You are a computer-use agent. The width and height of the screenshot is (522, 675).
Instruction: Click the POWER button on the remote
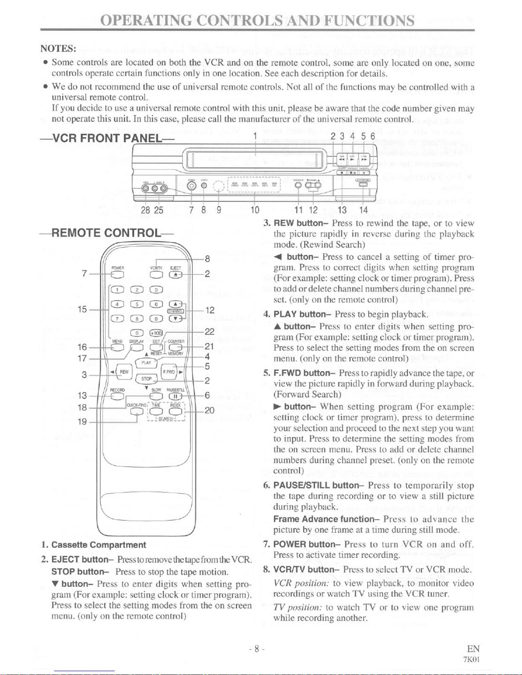(116, 274)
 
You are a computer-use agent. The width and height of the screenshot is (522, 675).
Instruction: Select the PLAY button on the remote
(147, 363)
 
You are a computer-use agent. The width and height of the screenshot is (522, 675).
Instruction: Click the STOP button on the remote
(147, 378)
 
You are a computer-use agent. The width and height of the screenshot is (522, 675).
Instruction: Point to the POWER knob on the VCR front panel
(192, 186)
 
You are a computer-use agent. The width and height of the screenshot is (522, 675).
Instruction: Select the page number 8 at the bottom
(257, 649)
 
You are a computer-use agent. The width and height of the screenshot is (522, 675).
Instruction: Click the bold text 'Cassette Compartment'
(98, 545)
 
